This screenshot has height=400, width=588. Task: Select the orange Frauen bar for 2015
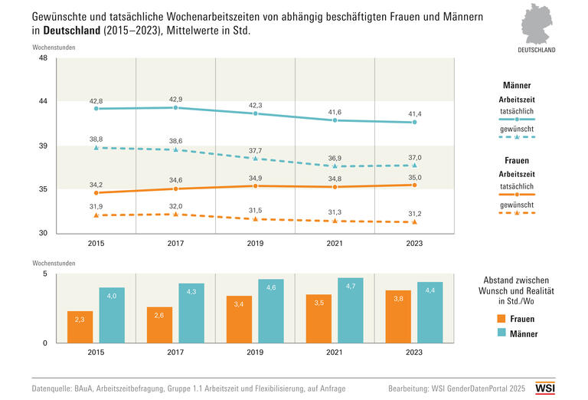coord(80,327)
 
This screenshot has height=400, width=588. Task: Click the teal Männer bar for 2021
coord(350,310)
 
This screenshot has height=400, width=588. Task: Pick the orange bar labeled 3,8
coord(398,316)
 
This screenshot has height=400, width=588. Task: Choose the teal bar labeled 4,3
coord(191,313)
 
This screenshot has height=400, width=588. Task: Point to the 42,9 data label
coord(175,99)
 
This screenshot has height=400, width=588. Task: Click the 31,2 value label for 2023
coord(414,213)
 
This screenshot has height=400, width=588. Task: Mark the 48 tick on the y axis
coord(43,58)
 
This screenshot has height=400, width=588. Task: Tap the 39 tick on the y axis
coord(43,146)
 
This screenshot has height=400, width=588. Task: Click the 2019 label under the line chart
coord(256,243)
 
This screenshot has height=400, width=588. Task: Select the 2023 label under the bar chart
coord(414,353)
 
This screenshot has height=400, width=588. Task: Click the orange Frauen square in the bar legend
coord(501,318)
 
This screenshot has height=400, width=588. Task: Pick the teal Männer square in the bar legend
coord(501,333)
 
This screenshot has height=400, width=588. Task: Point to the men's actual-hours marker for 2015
coord(96,109)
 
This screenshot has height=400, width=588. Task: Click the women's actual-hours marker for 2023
coord(414,185)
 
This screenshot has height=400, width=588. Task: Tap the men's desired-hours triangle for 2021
coord(335,166)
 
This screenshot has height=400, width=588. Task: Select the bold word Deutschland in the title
coord(70,31)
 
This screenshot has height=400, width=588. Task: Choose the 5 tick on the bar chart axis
coord(45,274)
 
